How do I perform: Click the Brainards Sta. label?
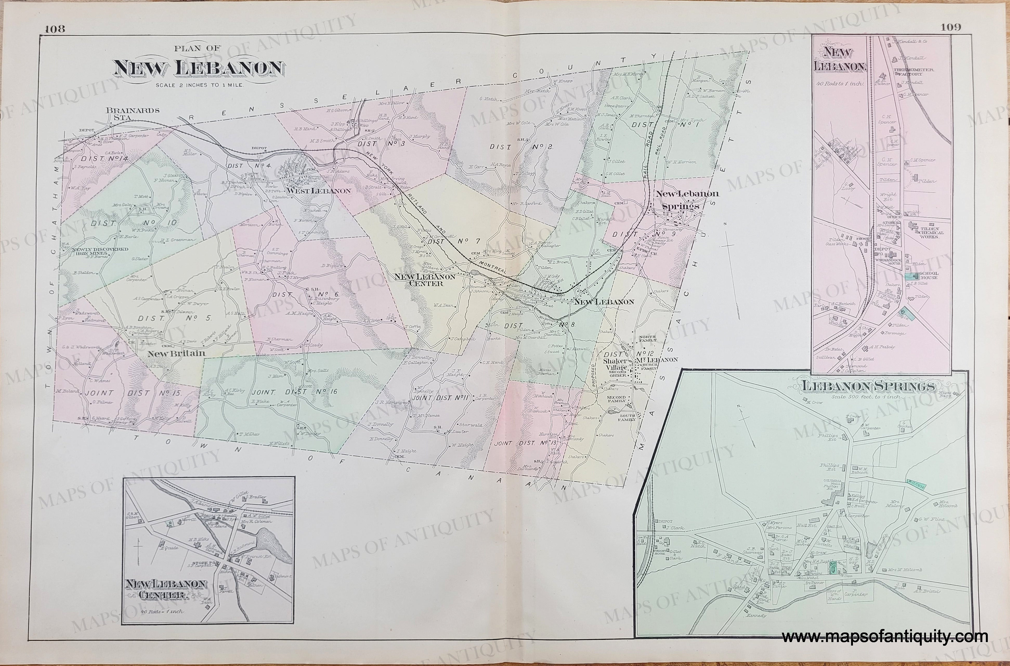tap(133, 113)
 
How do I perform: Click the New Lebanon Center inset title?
tap(166, 590)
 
